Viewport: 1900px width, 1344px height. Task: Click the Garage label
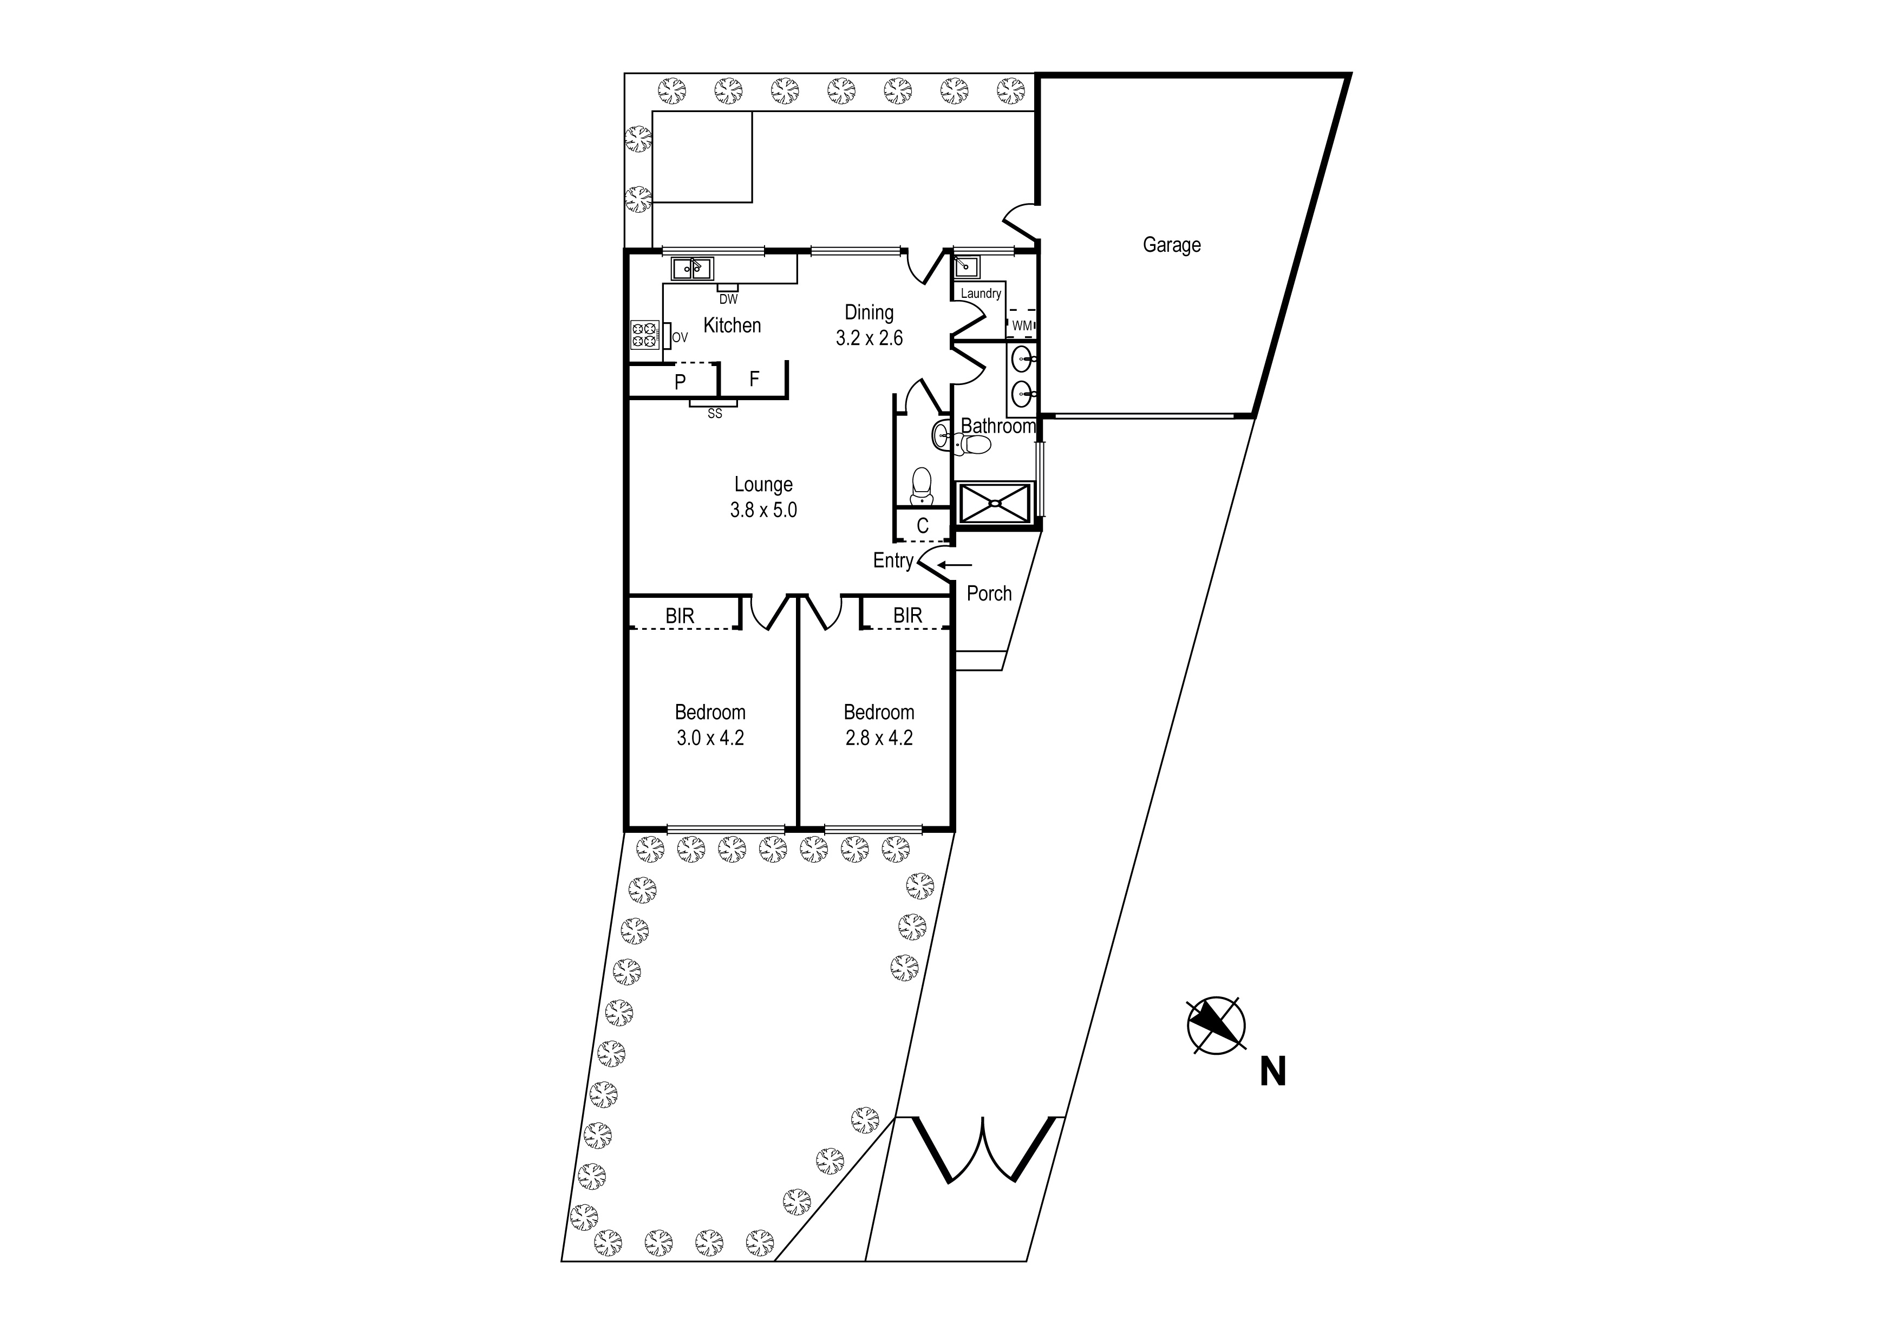[1171, 245]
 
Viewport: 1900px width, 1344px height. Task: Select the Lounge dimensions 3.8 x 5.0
[763, 511]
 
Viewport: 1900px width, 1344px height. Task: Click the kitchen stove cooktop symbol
[645, 335]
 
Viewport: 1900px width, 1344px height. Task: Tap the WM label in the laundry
[1022, 326]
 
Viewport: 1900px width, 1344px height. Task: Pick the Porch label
[989, 594]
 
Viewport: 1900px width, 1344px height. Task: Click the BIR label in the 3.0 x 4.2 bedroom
[680, 617]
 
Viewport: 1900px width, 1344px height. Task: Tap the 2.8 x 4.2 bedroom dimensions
[879, 738]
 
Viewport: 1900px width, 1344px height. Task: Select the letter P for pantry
[680, 382]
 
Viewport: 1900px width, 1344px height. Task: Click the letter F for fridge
[754, 379]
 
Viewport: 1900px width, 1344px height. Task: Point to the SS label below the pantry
[714, 414]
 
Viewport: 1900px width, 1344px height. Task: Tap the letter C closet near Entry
[923, 525]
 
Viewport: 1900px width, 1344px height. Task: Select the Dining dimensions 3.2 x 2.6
[869, 338]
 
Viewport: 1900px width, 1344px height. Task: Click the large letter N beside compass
[1273, 1073]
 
